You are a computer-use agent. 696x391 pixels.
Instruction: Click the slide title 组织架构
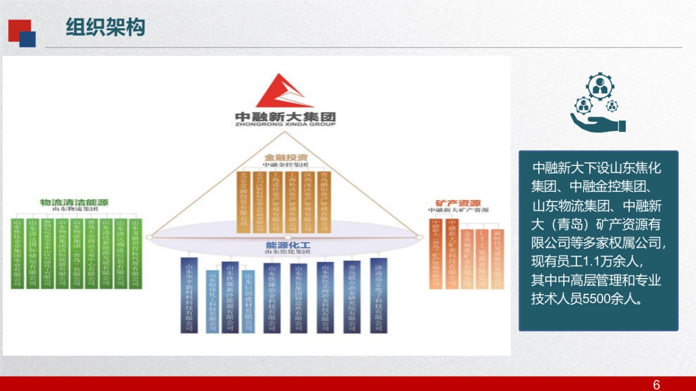tap(105, 27)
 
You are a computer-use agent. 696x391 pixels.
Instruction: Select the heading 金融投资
tap(286, 157)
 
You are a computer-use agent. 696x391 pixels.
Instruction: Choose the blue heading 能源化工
tap(288, 244)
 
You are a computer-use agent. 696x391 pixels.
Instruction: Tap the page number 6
tap(657, 385)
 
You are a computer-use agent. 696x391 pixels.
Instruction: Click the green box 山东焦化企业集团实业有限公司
tap(18, 253)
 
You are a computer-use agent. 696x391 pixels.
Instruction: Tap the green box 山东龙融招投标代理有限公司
tap(135, 253)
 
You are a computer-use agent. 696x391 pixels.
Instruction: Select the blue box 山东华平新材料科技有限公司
tap(189, 295)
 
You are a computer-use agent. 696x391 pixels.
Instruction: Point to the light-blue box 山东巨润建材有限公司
tap(248, 301)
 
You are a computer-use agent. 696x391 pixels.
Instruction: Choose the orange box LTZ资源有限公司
tap(481, 258)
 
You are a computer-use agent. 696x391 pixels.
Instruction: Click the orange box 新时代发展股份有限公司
tap(496, 258)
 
